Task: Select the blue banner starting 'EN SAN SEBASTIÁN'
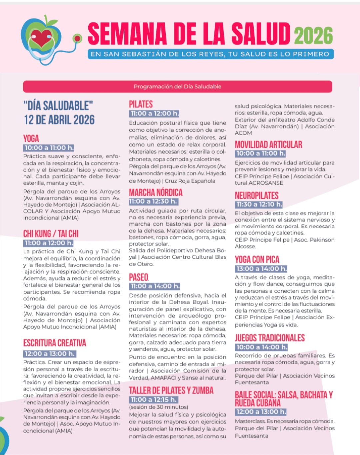(x=211, y=54)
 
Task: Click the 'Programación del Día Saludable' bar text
(x=177, y=87)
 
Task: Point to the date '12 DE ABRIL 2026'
(x=59, y=120)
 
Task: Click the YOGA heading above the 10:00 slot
(x=31, y=138)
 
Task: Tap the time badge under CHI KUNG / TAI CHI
(x=48, y=243)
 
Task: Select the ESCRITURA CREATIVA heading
(x=55, y=343)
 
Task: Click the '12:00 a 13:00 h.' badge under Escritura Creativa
(x=50, y=354)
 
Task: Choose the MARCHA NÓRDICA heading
(x=156, y=192)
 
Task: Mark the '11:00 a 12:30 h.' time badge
(x=153, y=201)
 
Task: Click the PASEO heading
(x=139, y=277)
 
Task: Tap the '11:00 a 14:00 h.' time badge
(x=155, y=286)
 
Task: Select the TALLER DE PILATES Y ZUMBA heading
(x=171, y=390)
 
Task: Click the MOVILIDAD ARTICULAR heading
(x=268, y=144)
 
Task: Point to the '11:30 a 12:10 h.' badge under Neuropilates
(x=259, y=204)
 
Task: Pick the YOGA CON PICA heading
(x=257, y=260)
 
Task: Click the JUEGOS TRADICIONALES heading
(x=270, y=338)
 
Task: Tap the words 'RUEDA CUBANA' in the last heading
(x=258, y=403)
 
